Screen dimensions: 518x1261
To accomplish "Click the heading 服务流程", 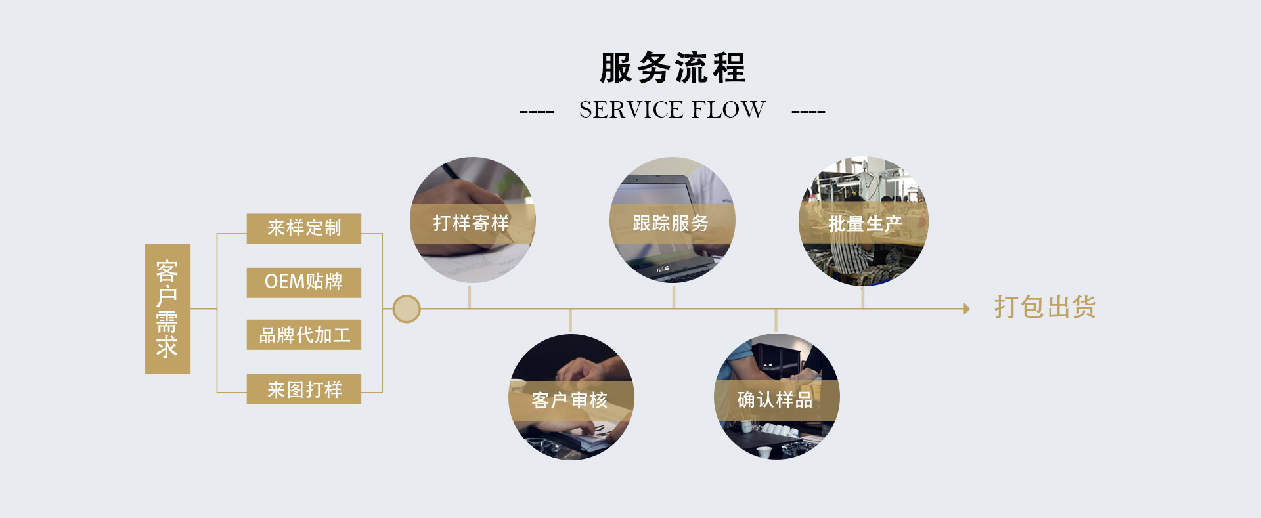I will pyautogui.click(x=673, y=68).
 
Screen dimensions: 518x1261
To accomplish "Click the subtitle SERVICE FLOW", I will pyautogui.click(x=672, y=110).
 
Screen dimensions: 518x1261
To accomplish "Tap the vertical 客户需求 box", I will pyautogui.click(x=167, y=309).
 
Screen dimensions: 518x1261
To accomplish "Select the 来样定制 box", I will pyautogui.click(x=304, y=228).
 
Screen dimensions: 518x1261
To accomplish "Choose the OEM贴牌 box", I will pyautogui.click(x=304, y=282).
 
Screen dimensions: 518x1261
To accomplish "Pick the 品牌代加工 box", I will pyautogui.click(x=304, y=335).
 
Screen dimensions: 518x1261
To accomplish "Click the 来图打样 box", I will pyautogui.click(x=304, y=389).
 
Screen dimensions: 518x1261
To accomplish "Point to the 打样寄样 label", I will pyautogui.click(x=472, y=223).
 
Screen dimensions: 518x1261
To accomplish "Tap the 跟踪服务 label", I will pyautogui.click(x=671, y=223).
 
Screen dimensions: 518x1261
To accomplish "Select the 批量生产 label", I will pyautogui.click(x=864, y=224).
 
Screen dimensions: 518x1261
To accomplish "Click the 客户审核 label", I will pyautogui.click(x=570, y=400).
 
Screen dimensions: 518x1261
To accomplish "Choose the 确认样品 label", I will pyautogui.click(x=776, y=399).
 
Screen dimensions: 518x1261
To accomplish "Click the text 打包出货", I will pyautogui.click(x=1045, y=307).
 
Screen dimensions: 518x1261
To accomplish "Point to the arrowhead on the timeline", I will pyautogui.click(x=967, y=309).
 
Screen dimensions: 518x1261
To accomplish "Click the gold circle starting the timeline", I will pyautogui.click(x=407, y=309).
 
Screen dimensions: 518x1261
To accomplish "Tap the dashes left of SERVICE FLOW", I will pyautogui.click(x=537, y=112).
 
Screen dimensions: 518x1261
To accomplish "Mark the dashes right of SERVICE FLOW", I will pyautogui.click(x=808, y=112).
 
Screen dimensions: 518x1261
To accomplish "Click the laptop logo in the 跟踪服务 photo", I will pyautogui.click(x=663, y=268).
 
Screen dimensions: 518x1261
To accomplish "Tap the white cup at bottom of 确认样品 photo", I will pyautogui.click(x=763, y=451).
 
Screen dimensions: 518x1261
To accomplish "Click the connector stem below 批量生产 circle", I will pyautogui.click(x=862, y=297).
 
